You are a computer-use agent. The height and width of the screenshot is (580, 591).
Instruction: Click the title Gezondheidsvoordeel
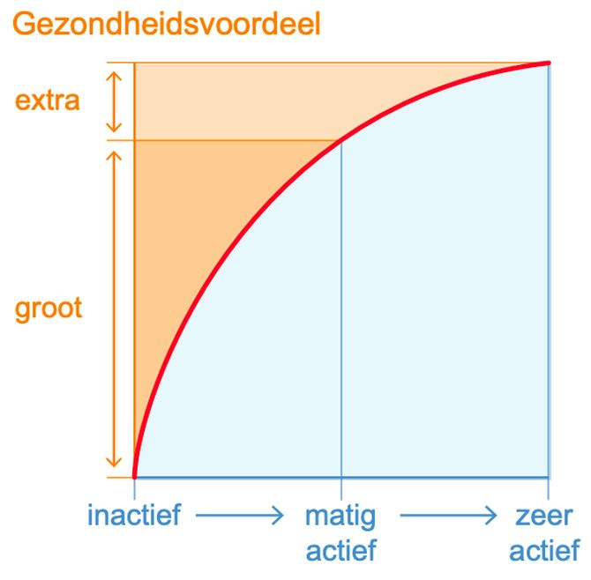166,25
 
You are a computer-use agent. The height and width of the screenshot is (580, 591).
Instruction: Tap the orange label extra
48,100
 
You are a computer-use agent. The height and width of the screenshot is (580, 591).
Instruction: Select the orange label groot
49,309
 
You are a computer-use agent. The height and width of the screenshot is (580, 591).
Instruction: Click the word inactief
134,515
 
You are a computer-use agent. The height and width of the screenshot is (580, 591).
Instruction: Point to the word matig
340,517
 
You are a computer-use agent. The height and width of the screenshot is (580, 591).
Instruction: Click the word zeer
544,516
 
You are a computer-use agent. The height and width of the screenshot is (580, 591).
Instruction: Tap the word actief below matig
341,550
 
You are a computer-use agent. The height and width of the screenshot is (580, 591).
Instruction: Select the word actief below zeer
544,550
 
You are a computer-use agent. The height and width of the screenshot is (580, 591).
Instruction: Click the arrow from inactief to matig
239,515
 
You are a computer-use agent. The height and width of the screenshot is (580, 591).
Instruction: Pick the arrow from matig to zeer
448,515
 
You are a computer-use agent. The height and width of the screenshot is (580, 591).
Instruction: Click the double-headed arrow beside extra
114,101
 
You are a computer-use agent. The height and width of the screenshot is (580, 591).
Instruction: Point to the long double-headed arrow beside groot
114,309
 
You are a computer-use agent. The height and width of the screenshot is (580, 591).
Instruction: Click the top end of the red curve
549,63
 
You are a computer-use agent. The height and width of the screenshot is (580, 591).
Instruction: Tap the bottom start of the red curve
135,477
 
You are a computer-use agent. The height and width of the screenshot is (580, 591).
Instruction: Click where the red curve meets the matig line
341,140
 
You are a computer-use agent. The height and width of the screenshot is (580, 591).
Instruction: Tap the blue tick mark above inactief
135,488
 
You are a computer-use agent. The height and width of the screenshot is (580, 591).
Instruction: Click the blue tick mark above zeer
548,488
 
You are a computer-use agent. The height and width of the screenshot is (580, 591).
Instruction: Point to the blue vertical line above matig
341,309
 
